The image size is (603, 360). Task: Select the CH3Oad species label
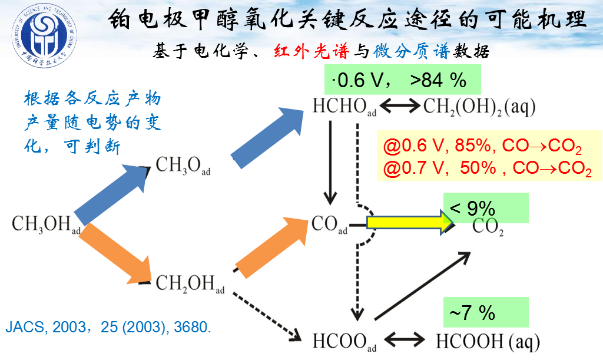pos(183,167)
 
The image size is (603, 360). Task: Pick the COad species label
pos(329,225)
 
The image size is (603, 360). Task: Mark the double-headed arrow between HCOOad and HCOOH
pos(406,341)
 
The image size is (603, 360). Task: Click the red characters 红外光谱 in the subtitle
pos(312,51)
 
